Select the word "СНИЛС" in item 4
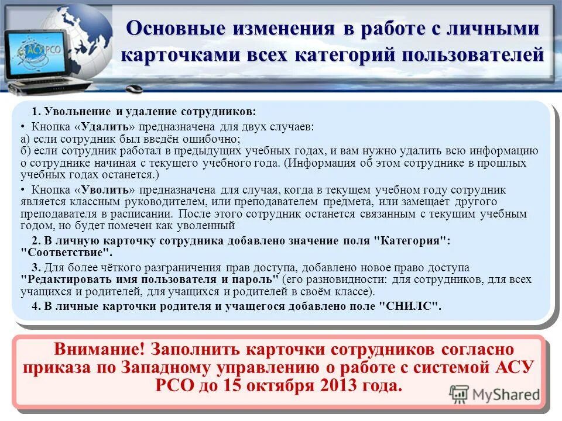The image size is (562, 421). coord(410,306)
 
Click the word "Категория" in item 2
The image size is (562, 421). coord(412,241)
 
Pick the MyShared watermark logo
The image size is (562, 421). coord(494,394)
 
